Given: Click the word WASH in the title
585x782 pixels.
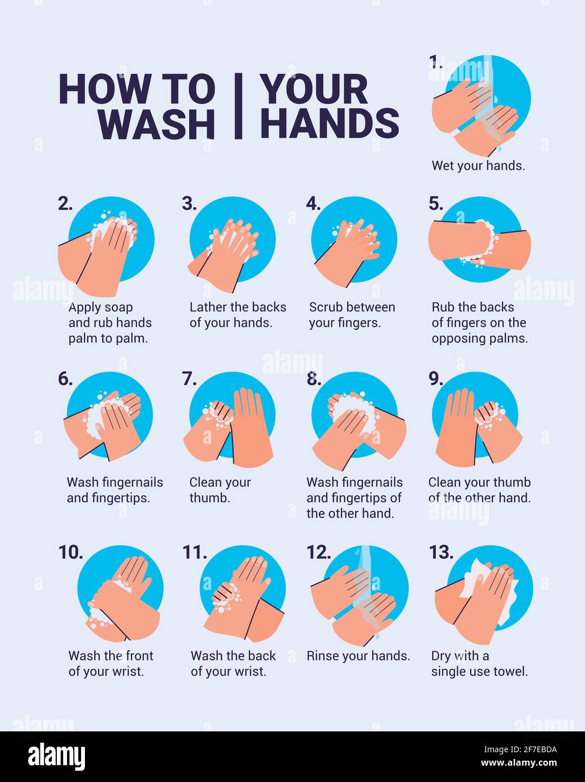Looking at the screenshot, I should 157,124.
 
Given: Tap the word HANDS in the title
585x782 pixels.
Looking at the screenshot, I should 329,124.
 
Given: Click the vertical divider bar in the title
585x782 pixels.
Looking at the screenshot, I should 238,106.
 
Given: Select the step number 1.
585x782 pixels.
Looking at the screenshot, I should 435,62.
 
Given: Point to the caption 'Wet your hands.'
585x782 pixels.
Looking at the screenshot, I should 478,166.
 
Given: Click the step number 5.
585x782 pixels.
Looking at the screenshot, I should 436,204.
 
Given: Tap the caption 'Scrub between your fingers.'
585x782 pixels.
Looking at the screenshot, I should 352,315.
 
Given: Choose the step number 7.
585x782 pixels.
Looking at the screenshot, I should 190,379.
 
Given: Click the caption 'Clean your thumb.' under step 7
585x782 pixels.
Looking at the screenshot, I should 219,490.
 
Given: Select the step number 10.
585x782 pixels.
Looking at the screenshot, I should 70,553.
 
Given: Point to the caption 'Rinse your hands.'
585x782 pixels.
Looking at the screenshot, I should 358,656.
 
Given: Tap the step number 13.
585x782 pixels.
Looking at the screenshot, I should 441,553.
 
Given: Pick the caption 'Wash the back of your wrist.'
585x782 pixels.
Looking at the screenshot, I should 233,664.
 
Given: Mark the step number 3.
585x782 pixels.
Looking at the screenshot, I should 189,204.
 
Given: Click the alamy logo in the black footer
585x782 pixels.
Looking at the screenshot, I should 56,757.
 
